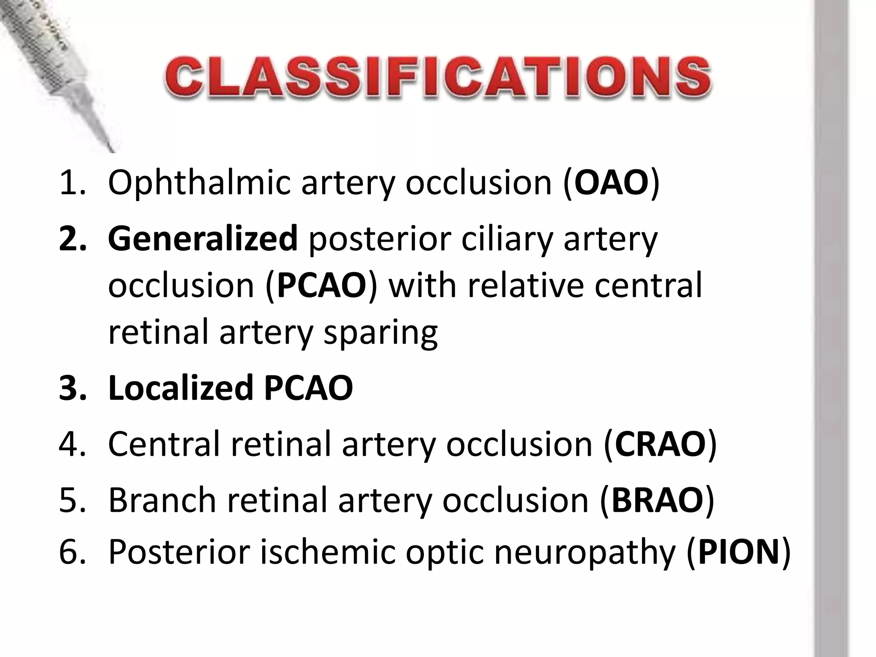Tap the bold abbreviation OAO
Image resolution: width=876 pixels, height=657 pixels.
(x=612, y=183)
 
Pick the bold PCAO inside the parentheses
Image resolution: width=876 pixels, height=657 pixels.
(x=322, y=285)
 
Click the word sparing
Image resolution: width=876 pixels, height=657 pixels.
(x=381, y=333)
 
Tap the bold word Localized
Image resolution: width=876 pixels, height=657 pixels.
(x=181, y=388)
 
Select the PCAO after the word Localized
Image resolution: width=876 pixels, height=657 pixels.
(x=308, y=388)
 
